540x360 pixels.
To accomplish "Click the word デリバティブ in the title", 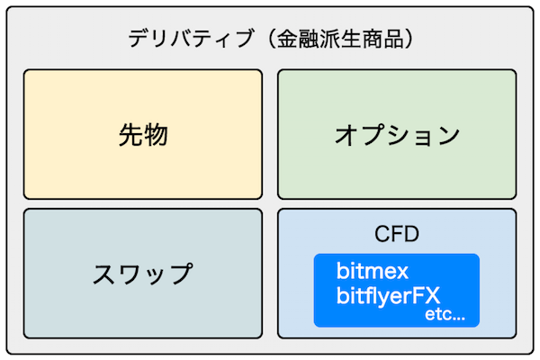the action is point(192,38).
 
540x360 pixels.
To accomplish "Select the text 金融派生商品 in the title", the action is point(340,38).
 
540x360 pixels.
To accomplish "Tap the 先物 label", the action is point(143,134).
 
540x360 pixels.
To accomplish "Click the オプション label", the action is point(397,135).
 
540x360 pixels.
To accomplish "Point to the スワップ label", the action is point(143,274).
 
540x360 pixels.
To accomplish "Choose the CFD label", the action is point(397,234).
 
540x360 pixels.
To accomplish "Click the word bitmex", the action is point(373,271).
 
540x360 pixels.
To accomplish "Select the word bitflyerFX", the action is point(388,295).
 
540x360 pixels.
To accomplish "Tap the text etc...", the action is point(445,314).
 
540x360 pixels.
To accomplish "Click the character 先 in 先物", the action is point(130,134).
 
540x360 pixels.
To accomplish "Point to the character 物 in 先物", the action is point(156,134).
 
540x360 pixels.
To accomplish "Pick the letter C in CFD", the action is point(382,234).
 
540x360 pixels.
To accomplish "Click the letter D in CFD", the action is point(412,234).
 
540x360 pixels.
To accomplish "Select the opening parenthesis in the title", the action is point(270,38).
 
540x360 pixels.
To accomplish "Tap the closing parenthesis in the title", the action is point(409,38).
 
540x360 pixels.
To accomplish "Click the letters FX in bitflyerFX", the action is point(427,295).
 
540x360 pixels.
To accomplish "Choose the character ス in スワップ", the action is point(104,274).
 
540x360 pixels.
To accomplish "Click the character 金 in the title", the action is point(287,38).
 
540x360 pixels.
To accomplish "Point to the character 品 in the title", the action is point(393,38).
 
